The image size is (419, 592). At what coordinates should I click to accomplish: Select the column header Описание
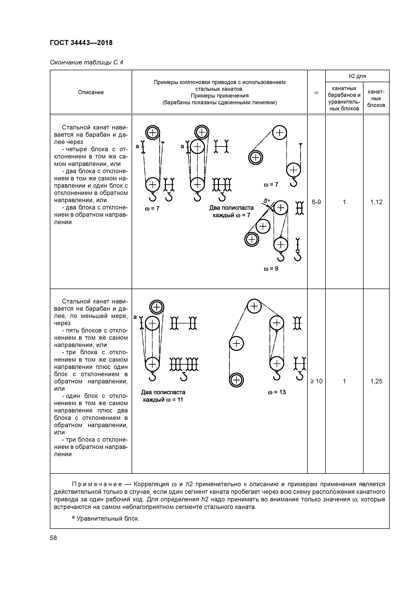tap(91, 92)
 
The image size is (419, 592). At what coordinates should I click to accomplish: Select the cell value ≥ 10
tap(316, 381)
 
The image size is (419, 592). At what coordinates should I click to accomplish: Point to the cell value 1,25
tap(376, 381)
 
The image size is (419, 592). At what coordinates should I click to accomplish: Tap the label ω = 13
tap(277, 392)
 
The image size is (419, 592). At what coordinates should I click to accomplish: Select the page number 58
tap(53, 538)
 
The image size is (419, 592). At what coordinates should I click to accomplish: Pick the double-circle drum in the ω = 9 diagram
tap(252, 239)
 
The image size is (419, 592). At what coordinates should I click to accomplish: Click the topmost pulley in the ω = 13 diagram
tap(254, 306)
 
